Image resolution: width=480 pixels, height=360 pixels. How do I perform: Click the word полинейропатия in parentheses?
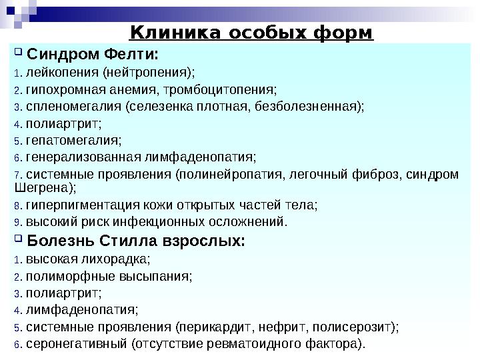[x=229, y=175]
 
